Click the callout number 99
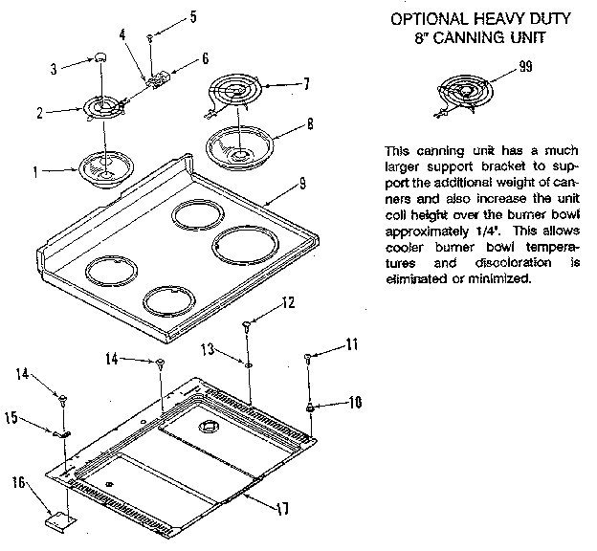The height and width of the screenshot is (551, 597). point(526,66)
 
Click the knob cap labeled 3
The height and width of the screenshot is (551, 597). point(99,59)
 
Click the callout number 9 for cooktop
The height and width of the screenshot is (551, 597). point(301,182)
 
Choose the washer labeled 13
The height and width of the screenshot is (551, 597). point(247,364)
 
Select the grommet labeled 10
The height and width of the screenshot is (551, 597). point(311,408)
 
